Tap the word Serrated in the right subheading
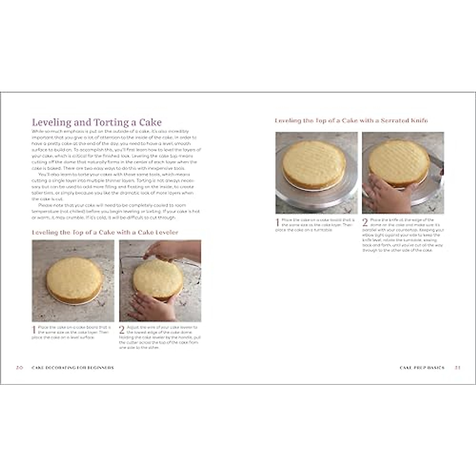coord(397,121)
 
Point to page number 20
coord(19,368)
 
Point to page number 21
coord(457,368)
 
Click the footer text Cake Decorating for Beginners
coord(73,368)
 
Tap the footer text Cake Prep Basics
coord(422,368)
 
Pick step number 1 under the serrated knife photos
coord(278,223)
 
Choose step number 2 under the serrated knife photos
coord(365,223)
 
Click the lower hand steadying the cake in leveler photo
coord(153,307)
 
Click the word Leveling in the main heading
coord(51,123)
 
